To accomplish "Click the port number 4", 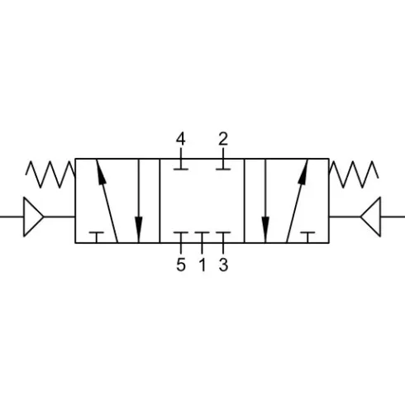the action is (180, 139).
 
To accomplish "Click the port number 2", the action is (223, 139).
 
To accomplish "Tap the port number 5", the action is (181, 264).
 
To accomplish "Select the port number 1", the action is (202, 264).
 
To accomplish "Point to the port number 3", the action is (223, 264).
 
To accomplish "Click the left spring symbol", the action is (50, 174).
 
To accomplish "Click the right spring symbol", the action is (354, 174).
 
